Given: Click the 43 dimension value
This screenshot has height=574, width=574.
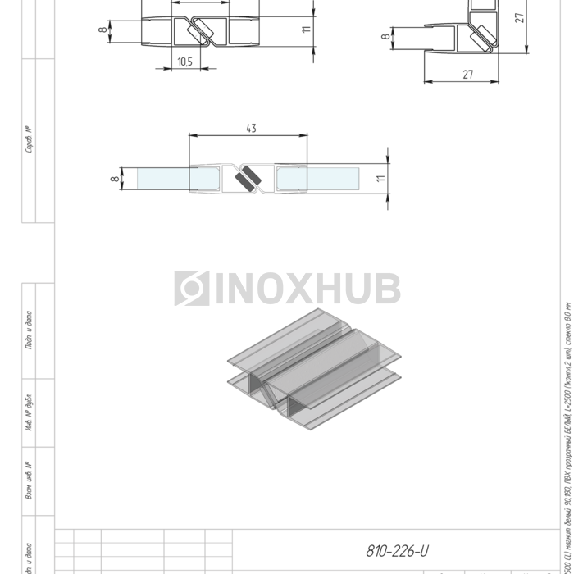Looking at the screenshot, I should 251,128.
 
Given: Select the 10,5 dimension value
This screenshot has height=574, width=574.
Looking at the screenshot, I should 184,61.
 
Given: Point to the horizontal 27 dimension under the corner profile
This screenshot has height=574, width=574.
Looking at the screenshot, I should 468,75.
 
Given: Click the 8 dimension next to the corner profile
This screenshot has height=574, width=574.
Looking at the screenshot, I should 385,36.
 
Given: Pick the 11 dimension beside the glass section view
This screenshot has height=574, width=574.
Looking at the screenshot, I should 380,179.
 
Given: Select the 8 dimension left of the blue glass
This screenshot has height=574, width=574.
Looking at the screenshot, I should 114,179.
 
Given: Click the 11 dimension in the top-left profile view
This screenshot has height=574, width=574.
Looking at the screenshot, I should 305,29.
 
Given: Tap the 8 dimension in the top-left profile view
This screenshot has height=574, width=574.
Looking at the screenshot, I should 102,30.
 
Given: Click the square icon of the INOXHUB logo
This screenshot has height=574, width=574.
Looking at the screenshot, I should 191,289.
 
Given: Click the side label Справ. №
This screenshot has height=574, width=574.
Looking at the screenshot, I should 29,139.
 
